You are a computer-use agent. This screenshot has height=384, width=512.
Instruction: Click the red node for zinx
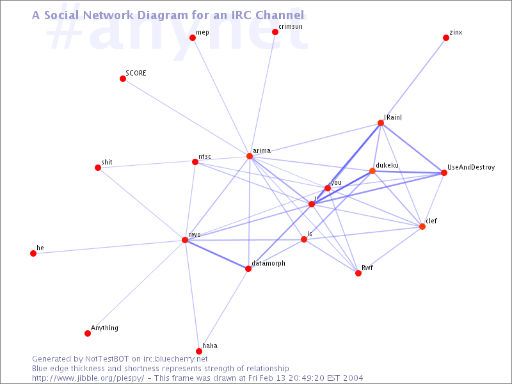(x=446, y=38)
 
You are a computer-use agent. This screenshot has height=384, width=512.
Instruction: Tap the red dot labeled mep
(x=193, y=38)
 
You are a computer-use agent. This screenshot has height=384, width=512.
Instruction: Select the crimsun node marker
(x=275, y=32)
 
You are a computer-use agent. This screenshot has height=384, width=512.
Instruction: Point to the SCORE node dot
(x=123, y=79)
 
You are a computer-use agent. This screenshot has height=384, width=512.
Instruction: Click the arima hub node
(x=250, y=156)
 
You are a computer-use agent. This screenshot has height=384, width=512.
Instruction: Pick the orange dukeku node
(x=372, y=171)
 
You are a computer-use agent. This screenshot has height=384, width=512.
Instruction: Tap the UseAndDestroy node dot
(x=444, y=173)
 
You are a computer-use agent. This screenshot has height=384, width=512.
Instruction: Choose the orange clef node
(x=422, y=227)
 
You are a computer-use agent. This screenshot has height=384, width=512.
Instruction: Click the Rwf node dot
(x=358, y=273)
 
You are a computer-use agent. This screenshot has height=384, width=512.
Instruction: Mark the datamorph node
(x=248, y=269)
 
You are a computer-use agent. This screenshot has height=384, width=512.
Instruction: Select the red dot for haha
(x=199, y=351)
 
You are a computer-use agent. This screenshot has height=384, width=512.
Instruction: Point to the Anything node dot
(x=88, y=333)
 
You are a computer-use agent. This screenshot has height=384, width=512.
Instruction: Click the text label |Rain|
(x=393, y=117)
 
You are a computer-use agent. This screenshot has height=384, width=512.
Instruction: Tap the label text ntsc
(x=205, y=156)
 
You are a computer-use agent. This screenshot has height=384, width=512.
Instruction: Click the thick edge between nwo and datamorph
(x=216, y=254)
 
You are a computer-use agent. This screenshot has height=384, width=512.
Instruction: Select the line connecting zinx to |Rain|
(x=413, y=81)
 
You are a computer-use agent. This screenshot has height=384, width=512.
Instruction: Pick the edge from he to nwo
(x=109, y=247)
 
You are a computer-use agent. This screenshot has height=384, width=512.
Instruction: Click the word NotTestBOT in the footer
(x=107, y=359)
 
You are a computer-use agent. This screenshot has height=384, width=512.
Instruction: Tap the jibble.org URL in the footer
(x=88, y=378)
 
